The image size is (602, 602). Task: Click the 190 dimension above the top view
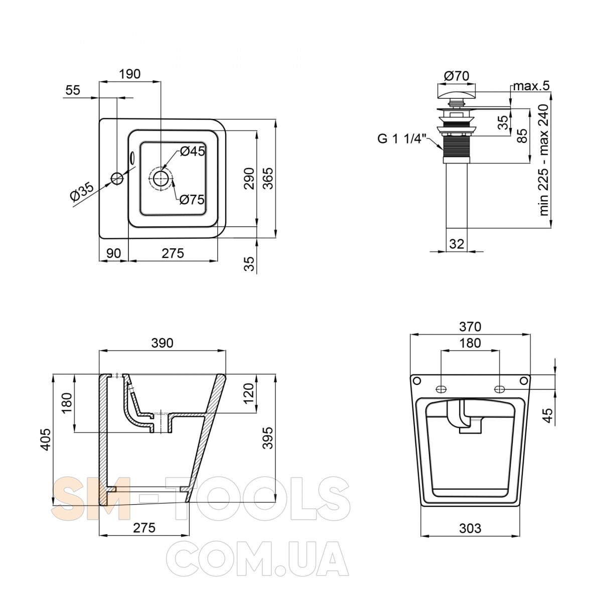129,74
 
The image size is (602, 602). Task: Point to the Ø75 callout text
192,200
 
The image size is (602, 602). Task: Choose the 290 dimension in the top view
249,179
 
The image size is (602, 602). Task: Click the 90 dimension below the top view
113,253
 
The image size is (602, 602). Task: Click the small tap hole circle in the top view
117,178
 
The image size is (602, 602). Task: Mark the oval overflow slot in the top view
132,158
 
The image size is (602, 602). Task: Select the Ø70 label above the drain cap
457,76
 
